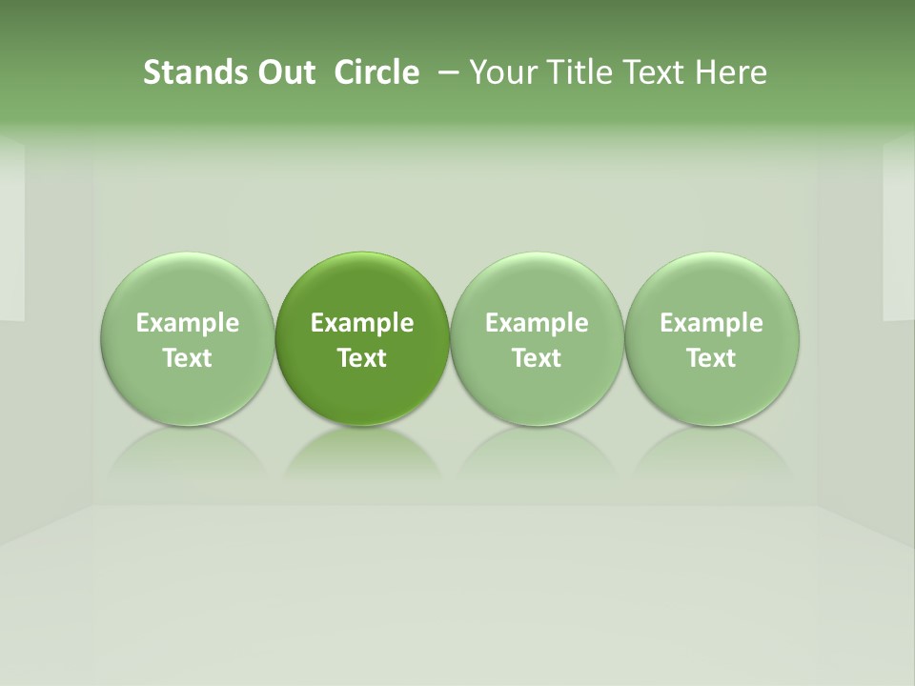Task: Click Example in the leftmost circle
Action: point(187,323)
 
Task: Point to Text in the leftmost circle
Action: point(187,358)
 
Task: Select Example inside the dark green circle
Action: point(362,323)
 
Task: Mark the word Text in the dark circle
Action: point(362,358)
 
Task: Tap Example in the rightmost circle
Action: point(711,323)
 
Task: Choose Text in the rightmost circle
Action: point(711,358)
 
